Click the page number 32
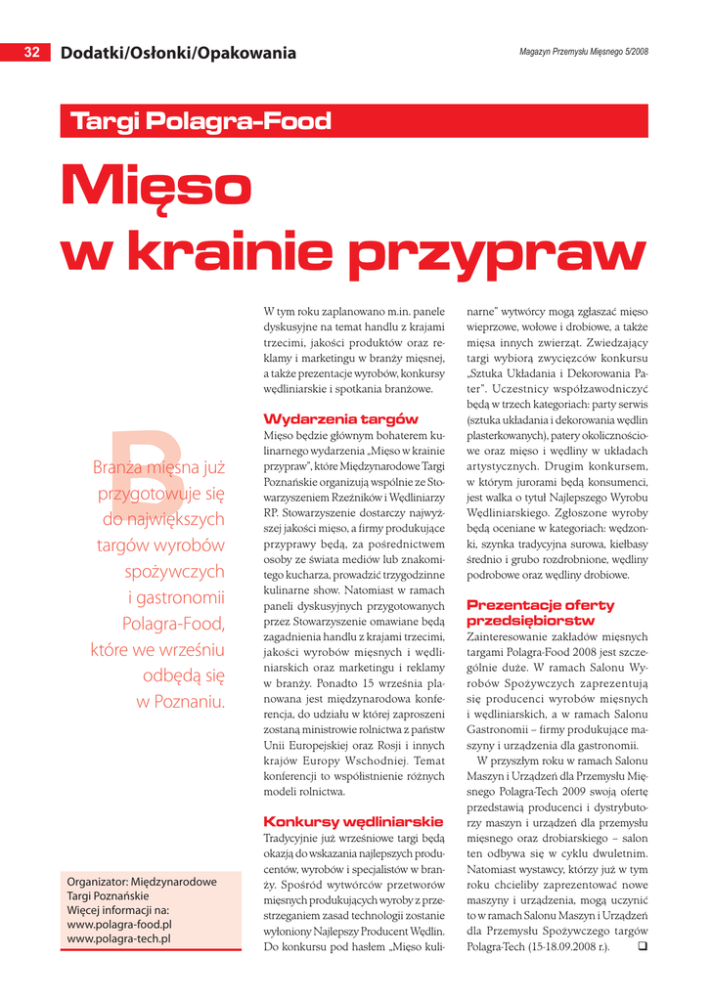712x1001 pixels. coord(31,53)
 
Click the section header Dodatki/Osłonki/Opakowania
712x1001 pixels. coord(178,53)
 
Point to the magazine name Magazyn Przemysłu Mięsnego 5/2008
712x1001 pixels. coord(583,51)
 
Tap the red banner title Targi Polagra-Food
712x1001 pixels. coord(201,122)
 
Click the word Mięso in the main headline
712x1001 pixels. coord(156,186)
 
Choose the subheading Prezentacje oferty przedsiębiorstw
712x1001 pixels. coord(541,613)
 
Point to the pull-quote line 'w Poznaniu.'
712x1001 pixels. coord(181,701)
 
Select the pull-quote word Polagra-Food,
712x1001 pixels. coord(173,623)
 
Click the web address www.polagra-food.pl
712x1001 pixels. coord(119,924)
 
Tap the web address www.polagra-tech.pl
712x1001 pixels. coord(118,938)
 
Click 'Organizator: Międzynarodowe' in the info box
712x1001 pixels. coord(142,881)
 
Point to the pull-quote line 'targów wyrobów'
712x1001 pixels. coord(160,545)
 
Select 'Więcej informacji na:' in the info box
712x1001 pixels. coord(118,909)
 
